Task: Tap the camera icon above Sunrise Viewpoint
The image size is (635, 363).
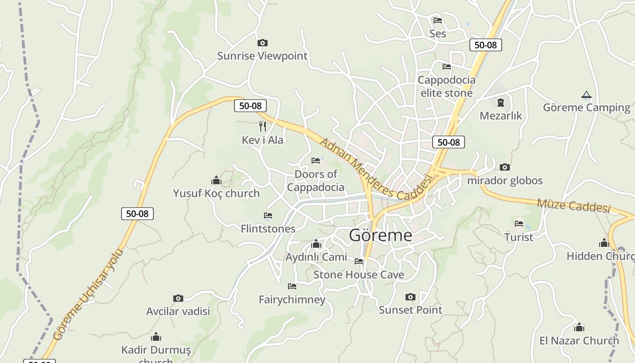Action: [262, 43]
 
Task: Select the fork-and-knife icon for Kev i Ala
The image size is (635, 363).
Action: [262, 126]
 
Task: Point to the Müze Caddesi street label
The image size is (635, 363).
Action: [574, 205]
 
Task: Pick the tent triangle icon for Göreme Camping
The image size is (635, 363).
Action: [586, 95]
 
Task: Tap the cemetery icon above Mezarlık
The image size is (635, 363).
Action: [501, 103]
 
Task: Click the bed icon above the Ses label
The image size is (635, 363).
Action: [438, 20]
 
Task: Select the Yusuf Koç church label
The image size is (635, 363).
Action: [216, 193]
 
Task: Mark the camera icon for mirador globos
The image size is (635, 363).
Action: [505, 167]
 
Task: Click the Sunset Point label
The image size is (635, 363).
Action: [410, 310]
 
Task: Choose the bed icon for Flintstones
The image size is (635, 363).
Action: [268, 216]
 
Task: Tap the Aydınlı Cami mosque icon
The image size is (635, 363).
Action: [316, 245]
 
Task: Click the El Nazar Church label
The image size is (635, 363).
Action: [579, 340]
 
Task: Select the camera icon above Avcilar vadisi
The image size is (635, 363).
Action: [178, 298]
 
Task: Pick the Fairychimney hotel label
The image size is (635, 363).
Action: [292, 299]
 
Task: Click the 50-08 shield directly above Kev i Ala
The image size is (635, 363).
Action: [250, 106]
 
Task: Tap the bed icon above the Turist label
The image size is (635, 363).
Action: [519, 224]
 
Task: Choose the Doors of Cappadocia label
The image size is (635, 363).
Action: [316, 181]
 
